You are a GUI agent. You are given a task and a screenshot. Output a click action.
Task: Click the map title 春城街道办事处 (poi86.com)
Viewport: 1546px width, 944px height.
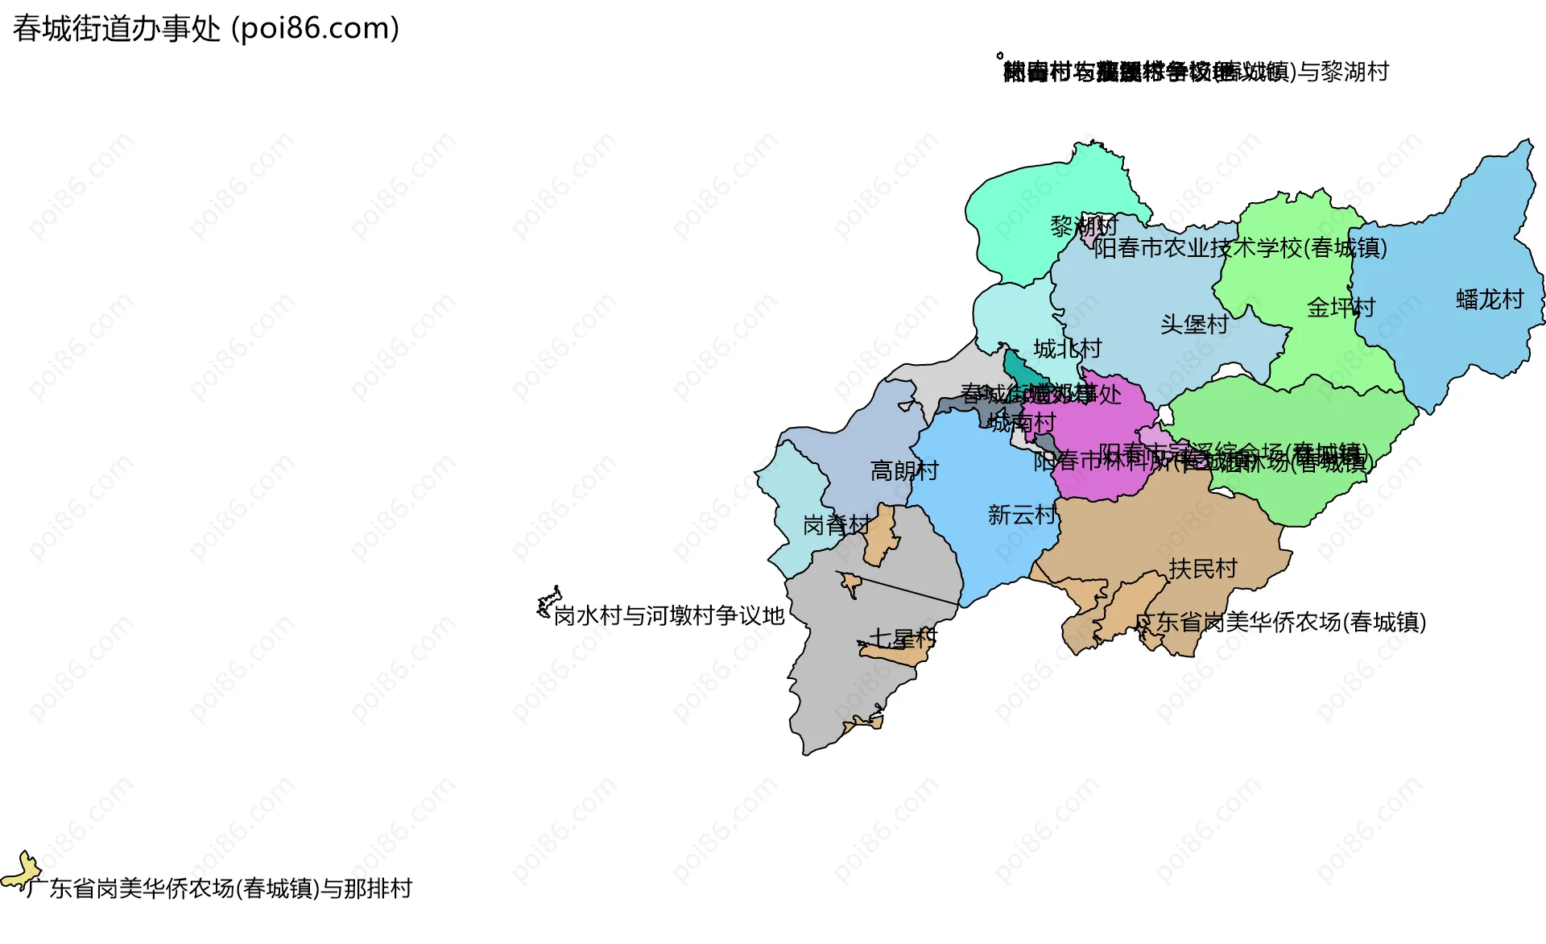(206, 29)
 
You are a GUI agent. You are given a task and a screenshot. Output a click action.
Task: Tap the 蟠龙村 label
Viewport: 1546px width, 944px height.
(1490, 300)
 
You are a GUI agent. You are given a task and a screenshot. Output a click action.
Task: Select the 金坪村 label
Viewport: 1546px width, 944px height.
(1341, 307)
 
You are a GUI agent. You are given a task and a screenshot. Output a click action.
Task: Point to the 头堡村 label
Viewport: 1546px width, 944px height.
(1194, 324)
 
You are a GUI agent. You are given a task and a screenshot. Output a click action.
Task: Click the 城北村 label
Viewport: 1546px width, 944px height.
(1067, 349)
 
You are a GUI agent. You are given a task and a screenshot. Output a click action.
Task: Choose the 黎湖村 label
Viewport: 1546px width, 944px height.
(1084, 226)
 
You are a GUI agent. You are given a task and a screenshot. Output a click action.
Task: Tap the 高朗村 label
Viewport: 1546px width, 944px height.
(904, 470)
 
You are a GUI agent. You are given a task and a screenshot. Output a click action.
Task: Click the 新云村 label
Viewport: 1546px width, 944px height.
(1022, 515)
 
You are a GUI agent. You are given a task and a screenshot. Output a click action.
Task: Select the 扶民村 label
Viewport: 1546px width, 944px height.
(1203, 569)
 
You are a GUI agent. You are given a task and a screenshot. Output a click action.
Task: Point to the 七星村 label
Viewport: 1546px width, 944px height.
(903, 639)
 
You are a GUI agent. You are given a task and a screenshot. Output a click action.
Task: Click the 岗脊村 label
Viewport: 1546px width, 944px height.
(837, 525)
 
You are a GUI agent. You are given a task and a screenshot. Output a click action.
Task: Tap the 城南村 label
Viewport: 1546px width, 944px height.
(1022, 422)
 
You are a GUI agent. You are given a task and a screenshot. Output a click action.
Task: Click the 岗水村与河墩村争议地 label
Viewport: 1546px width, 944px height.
(669, 616)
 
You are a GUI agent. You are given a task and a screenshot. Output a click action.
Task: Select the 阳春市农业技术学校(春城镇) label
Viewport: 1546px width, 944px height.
(1240, 248)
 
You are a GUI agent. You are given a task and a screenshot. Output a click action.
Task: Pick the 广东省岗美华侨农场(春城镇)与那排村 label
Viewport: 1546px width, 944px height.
(219, 888)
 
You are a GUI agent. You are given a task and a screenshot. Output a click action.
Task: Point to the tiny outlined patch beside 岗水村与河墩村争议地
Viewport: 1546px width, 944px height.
(548, 602)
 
